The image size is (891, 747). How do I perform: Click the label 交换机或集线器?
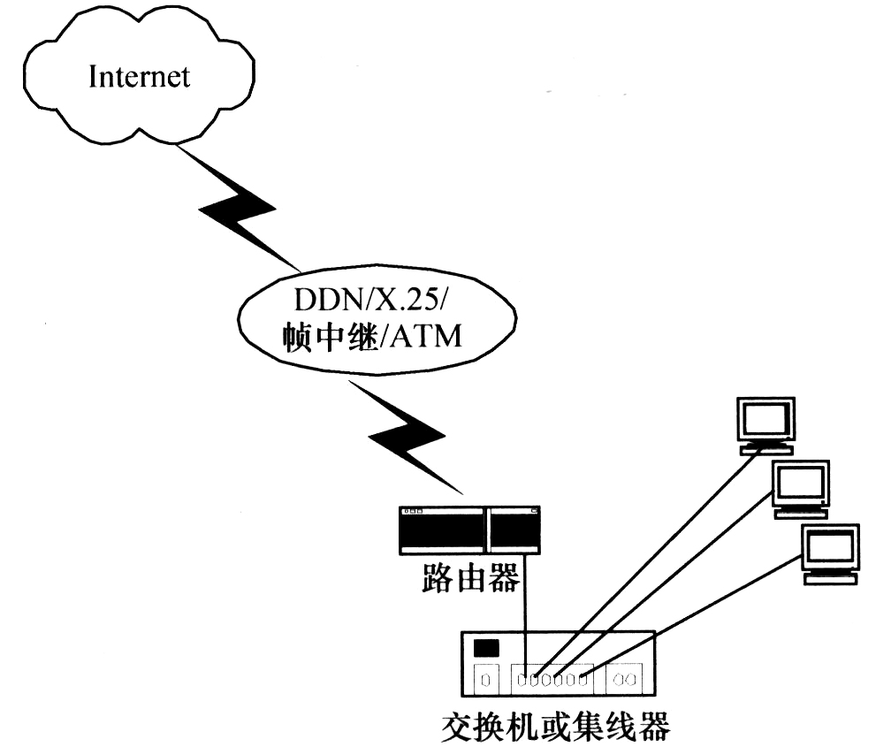click(556, 728)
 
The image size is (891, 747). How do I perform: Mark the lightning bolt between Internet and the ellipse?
click(240, 212)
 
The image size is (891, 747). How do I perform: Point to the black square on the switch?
click(486, 648)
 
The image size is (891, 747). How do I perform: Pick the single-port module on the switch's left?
click(484, 681)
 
